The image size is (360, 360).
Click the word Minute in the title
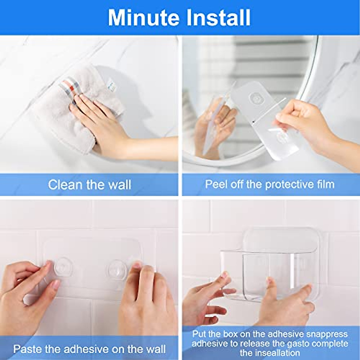(x=144, y=18)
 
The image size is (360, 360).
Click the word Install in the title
(x=218, y=18)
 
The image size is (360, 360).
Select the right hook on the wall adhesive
(x=117, y=269)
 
